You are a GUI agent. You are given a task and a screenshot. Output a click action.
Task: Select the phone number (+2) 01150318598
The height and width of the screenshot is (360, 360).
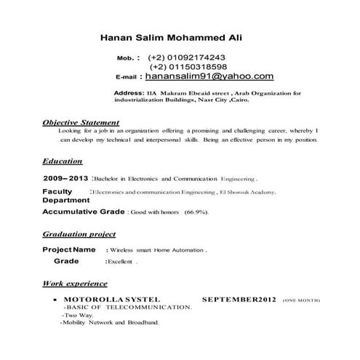(x=187, y=66)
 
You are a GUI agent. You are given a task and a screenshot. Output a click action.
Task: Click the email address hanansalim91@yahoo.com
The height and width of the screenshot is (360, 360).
(x=209, y=75)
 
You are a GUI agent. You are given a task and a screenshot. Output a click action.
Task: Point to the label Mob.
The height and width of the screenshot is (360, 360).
(x=127, y=57)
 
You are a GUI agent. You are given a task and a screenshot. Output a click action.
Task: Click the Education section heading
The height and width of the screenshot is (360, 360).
(x=62, y=161)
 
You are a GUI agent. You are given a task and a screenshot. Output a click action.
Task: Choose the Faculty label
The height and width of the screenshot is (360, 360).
(x=57, y=191)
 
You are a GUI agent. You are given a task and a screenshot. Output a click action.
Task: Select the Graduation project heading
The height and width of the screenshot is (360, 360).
(x=79, y=235)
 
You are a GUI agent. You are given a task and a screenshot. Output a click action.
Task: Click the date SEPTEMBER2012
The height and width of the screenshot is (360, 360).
(x=239, y=299)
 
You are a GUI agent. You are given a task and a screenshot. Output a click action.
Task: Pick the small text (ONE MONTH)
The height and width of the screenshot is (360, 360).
(x=299, y=300)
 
